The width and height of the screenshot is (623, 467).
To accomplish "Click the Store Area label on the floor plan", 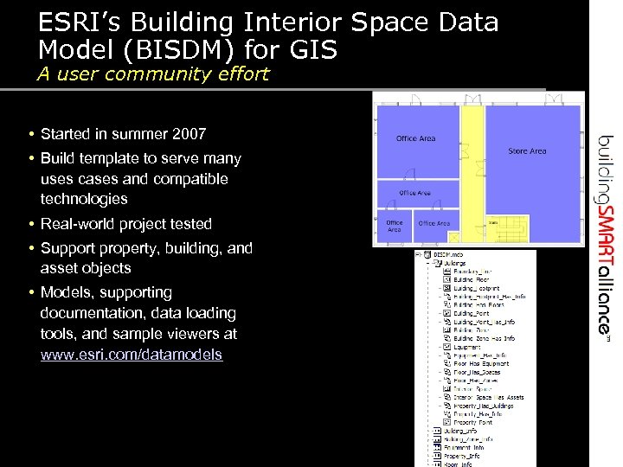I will (527, 151).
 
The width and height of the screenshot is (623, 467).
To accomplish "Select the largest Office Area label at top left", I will (415, 138).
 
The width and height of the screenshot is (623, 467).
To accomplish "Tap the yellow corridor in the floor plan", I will (472, 173).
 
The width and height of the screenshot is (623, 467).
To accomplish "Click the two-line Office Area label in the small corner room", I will (395, 227).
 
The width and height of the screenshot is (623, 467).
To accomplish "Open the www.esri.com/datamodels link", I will (132, 355).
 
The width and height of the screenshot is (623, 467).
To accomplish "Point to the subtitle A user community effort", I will (153, 74).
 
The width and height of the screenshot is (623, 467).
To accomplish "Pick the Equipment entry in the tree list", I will (467, 346).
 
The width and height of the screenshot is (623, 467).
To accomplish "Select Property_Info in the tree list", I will (463, 456).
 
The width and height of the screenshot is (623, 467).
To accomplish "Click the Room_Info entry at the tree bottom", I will (458, 464).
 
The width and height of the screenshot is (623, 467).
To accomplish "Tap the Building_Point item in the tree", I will (471, 313).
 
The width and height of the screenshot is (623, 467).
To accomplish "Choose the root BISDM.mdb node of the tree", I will (450, 255).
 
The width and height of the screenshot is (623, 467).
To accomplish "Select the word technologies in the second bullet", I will (84, 199).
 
